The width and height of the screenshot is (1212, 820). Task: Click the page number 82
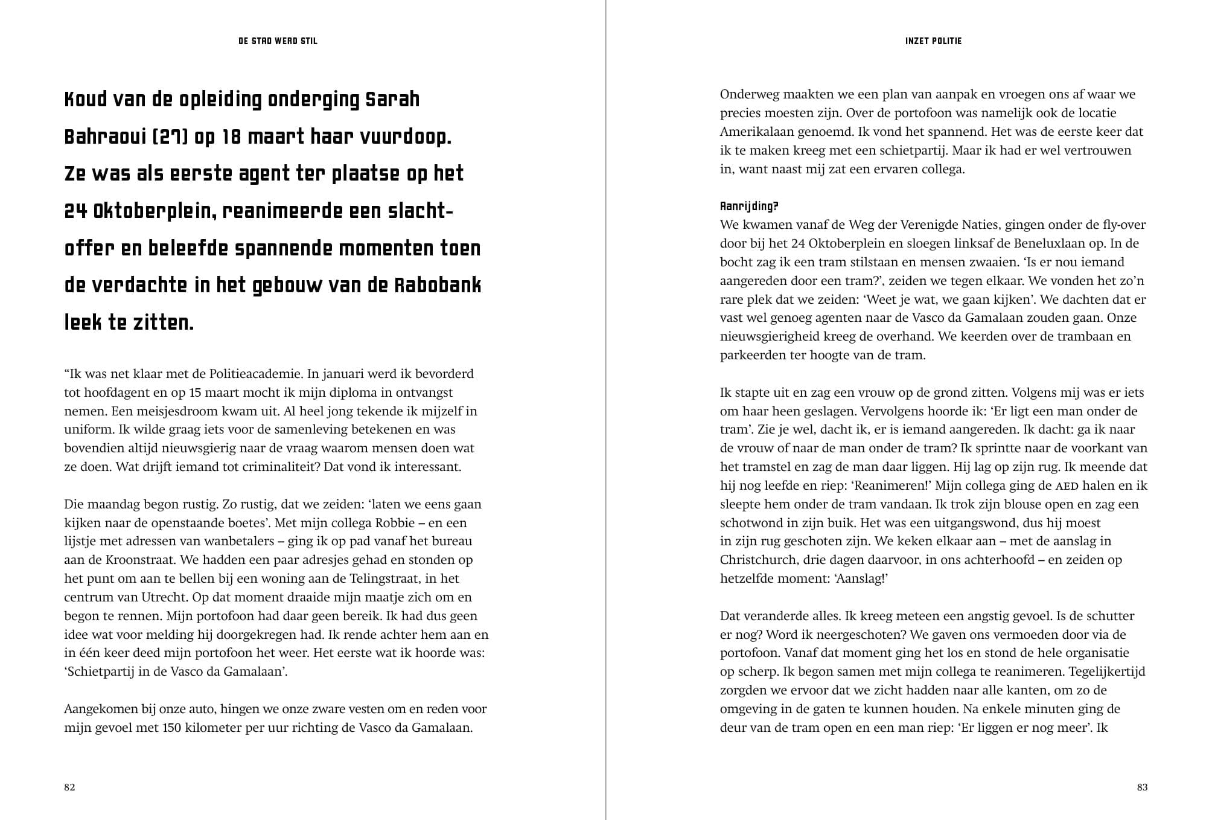(69, 787)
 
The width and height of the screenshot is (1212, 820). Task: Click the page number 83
(1142, 787)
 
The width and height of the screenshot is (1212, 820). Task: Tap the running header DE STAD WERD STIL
(278, 41)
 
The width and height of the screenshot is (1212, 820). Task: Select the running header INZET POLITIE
(933, 41)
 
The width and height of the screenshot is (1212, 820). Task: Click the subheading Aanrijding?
(749, 207)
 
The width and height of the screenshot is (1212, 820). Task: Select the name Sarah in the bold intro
(392, 100)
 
